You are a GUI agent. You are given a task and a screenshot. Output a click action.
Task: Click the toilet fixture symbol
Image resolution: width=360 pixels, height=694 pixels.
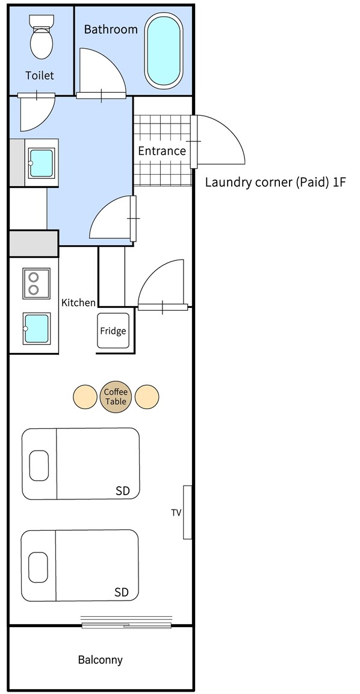(42, 37)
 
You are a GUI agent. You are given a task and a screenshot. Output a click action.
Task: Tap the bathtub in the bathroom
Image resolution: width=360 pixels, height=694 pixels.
(164, 51)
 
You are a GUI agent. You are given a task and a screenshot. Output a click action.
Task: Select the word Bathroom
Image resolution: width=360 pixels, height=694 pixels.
(111, 29)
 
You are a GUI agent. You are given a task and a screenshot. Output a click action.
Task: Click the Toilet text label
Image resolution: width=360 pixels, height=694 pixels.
(40, 75)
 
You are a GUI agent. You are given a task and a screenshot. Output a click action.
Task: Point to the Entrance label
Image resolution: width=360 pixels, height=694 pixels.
(162, 151)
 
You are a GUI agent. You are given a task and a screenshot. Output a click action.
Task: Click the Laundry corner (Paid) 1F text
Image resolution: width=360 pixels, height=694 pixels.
(275, 183)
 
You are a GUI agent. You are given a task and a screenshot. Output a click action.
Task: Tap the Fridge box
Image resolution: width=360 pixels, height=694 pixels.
(113, 331)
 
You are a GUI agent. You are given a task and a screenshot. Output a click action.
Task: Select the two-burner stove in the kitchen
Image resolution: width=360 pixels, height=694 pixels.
(36, 283)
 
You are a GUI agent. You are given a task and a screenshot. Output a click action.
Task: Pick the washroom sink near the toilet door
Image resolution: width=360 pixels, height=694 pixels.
(41, 163)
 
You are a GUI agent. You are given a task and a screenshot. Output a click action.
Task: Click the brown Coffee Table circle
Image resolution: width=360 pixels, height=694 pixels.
(116, 396)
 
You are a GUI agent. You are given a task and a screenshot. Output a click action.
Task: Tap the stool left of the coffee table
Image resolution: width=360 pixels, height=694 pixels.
(85, 396)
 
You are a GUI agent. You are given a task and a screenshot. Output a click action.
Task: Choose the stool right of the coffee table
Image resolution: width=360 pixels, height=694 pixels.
(147, 396)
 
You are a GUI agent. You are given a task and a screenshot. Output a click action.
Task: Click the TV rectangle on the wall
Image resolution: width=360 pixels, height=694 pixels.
(187, 512)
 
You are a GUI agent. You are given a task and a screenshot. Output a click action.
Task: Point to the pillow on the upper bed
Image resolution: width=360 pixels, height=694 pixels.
(39, 465)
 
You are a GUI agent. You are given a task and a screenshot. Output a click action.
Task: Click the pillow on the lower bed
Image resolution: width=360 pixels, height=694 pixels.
(38, 567)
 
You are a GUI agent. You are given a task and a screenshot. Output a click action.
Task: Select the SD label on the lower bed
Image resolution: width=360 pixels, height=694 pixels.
(122, 592)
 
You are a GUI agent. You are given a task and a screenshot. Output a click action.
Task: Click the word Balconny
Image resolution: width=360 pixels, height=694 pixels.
(101, 660)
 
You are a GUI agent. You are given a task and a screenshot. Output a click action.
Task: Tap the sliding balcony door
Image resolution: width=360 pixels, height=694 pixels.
(126, 625)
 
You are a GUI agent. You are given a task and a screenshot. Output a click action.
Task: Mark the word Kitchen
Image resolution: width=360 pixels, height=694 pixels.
(78, 303)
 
